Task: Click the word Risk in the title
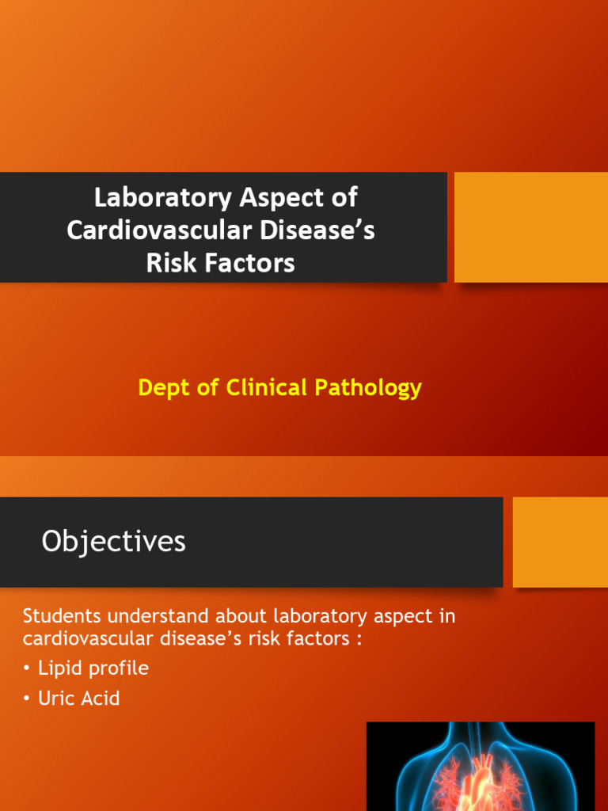click(x=170, y=263)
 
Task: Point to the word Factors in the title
click(x=248, y=263)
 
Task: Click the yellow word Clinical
click(x=266, y=388)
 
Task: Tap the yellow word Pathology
click(x=368, y=388)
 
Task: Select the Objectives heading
click(x=113, y=542)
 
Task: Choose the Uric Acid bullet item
click(x=78, y=699)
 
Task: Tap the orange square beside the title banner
click(x=531, y=227)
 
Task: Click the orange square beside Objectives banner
click(x=560, y=542)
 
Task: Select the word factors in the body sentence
click(x=312, y=638)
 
